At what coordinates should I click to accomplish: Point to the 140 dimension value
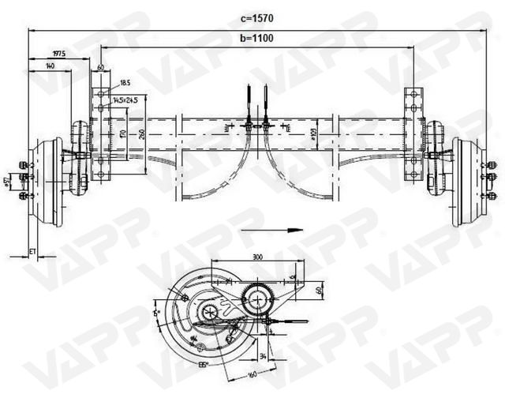(x=50, y=67)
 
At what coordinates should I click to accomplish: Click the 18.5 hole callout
(x=125, y=82)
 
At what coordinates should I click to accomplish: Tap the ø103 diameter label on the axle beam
(x=313, y=136)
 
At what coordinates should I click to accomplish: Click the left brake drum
(x=48, y=182)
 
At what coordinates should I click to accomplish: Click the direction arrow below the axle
(x=272, y=231)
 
